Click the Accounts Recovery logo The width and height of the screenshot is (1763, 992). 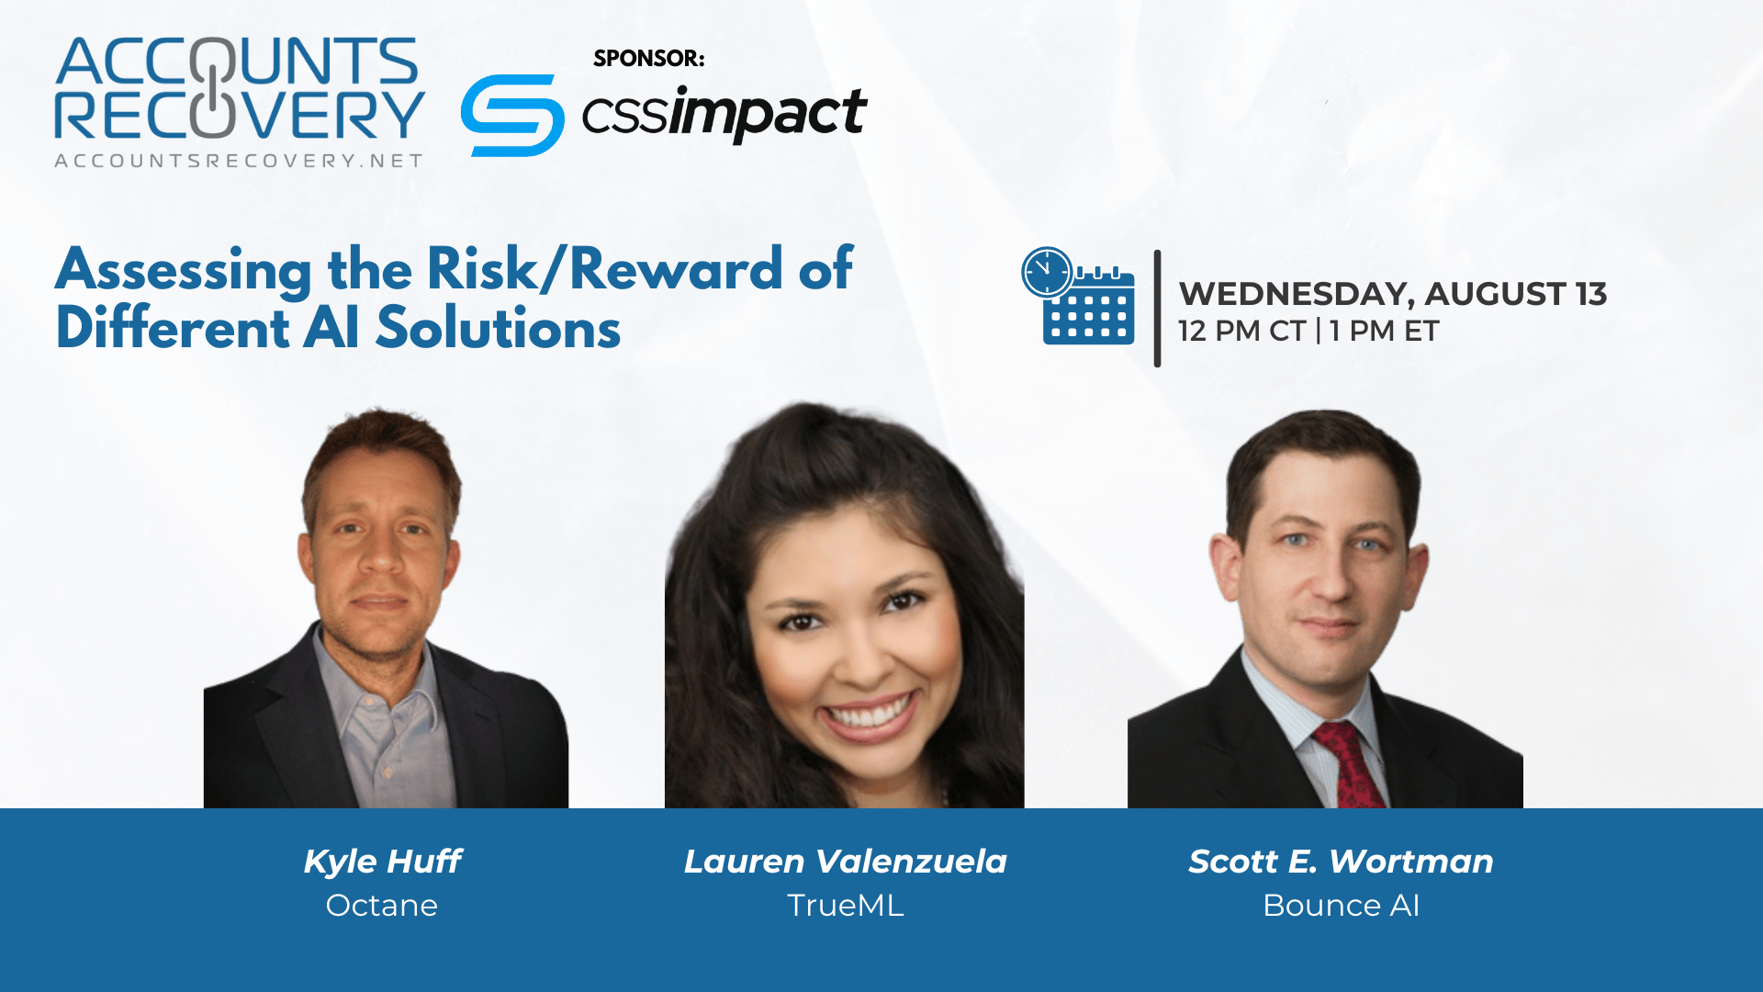pos(239,102)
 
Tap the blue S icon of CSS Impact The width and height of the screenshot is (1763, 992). pos(512,116)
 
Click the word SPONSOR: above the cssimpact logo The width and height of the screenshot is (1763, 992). pos(649,58)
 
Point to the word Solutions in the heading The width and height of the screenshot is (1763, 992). pos(499,328)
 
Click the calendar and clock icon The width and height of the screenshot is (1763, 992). pos(1078,296)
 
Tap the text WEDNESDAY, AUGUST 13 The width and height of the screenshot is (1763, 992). pos(1393,294)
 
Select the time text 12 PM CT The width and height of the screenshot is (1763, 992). pos(1241,331)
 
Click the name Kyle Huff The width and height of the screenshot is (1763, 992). pos(382,862)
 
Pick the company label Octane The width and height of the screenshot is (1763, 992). pos(382,906)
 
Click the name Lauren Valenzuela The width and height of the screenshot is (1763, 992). pos(845,862)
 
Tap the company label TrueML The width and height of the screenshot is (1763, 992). pos(846,906)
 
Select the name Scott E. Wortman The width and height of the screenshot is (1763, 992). pos(1341,862)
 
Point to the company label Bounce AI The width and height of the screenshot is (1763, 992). pos(1341,906)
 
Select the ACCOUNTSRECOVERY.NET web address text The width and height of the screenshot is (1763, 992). pos(239,161)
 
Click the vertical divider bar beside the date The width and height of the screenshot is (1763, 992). pos(1157,309)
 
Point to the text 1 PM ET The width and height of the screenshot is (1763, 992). pos(1385,331)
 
